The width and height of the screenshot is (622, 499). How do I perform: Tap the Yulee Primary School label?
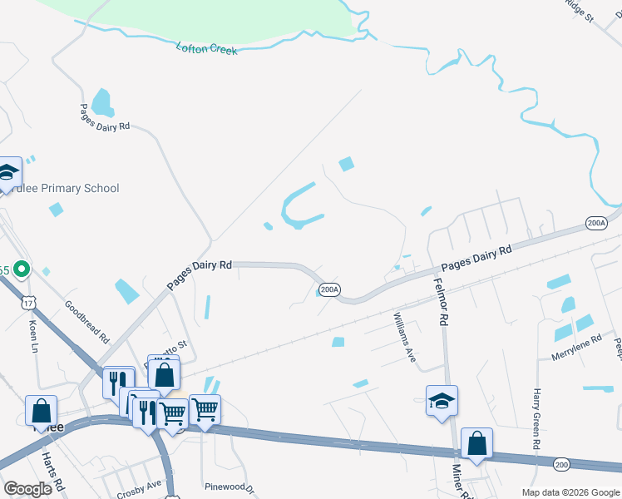click(67, 189)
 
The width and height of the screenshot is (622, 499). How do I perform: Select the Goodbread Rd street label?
click(87, 322)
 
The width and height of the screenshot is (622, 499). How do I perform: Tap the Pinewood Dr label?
click(227, 484)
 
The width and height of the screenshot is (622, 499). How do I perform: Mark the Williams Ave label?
click(405, 337)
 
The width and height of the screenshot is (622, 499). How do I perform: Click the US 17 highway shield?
click(29, 300)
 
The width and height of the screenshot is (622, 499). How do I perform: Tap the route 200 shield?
click(562, 464)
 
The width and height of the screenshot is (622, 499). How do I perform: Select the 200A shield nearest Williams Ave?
click(329, 289)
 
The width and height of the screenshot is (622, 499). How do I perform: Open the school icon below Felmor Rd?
click(442, 401)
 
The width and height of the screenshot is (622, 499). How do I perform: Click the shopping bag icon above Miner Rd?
click(476, 443)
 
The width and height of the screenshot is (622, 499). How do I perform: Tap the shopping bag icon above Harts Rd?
click(41, 411)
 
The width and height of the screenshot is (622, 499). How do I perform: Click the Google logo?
click(27, 489)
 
